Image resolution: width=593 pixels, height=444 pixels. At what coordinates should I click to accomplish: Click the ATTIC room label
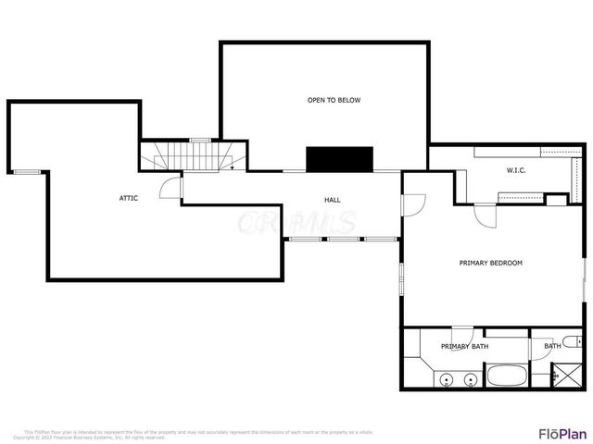pyautogui.click(x=129, y=198)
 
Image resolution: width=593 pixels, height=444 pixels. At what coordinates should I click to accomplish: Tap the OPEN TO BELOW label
pyautogui.click(x=334, y=100)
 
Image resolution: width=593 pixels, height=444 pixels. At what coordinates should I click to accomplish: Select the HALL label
pyautogui.click(x=332, y=200)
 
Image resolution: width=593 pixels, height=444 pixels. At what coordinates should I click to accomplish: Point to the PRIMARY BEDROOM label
pyautogui.click(x=491, y=263)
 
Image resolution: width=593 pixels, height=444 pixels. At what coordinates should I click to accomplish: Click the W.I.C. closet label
pyautogui.click(x=516, y=170)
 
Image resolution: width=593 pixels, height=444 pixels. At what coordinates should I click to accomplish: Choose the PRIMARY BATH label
pyautogui.click(x=464, y=346)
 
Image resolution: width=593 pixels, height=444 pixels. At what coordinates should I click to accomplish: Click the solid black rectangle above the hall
pyautogui.click(x=340, y=158)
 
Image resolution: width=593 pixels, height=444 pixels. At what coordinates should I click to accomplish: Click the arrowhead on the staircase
pyautogui.click(x=231, y=168)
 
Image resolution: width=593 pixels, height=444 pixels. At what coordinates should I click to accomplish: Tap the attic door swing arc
pyautogui.click(x=170, y=189)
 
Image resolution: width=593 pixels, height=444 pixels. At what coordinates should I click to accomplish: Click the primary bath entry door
pyautogui.click(x=463, y=334)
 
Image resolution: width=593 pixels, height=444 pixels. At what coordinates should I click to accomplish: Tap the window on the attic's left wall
pyautogui.click(x=27, y=172)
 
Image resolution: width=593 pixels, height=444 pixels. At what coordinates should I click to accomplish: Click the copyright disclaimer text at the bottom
pyautogui.click(x=199, y=434)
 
